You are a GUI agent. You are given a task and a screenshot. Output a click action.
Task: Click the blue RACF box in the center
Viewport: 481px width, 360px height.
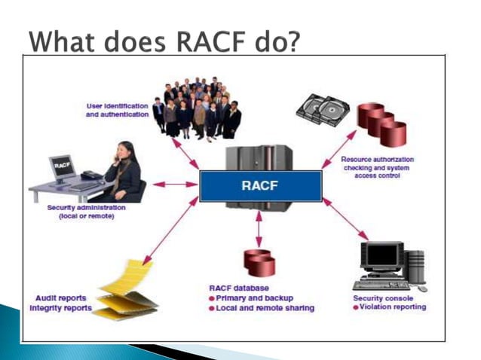click(260, 186)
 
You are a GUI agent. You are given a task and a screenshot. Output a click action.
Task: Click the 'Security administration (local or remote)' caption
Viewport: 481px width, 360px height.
click(84, 212)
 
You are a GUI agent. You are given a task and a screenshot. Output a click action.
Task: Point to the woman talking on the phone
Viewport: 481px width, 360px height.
click(124, 169)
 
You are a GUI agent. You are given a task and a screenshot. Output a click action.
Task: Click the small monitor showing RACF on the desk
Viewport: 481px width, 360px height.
click(62, 167)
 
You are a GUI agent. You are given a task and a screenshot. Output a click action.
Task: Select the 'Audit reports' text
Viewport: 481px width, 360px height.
click(61, 298)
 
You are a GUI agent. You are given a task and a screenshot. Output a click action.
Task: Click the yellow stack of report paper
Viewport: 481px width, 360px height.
click(128, 287)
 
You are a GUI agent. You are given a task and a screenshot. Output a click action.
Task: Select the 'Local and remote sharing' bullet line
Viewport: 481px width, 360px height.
click(261, 308)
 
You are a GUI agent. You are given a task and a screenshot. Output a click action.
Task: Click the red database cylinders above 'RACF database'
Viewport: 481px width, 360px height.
click(261, 261)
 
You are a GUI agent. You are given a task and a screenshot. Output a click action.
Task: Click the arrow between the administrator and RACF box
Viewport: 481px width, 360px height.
click(175, 183)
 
